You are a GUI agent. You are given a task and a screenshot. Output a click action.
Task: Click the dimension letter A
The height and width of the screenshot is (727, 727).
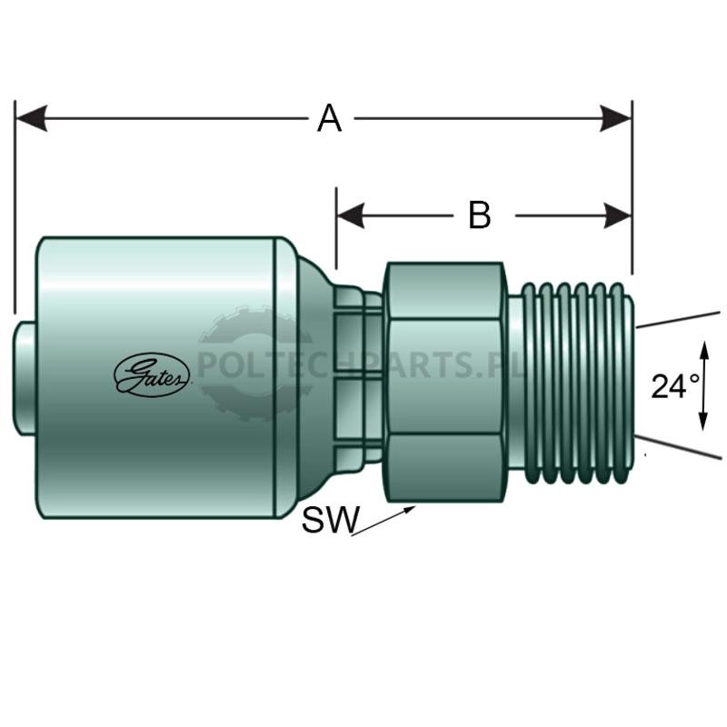click(x=330, y=119)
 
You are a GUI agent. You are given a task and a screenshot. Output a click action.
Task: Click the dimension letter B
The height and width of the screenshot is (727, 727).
click(x=480, y=215)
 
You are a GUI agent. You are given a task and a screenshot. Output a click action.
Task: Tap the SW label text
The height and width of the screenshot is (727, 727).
click(x=330, y=519)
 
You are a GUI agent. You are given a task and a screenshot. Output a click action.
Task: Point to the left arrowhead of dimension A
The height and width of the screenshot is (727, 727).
click(x=31, y=118)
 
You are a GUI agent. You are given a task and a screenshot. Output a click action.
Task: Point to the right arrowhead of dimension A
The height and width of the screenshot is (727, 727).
click(x=616, y=118)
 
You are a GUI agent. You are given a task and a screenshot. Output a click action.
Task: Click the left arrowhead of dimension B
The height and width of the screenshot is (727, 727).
click(x=351, y=215)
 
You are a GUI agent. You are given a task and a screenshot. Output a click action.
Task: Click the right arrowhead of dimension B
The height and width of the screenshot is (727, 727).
click(x=618, y=215)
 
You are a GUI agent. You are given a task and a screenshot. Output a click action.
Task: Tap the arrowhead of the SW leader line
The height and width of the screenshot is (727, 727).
click(x=410, y=510)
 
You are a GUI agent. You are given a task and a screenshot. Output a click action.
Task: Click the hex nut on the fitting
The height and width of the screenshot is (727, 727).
click(x=445, y=383)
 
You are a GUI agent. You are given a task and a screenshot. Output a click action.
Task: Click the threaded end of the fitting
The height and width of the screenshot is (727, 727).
click(x=572, y=383)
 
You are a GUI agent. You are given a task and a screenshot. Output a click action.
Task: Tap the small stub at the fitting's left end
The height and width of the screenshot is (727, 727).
click(x=25, y=379)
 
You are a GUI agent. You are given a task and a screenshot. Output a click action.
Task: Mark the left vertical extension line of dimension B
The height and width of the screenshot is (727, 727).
click(x=336, y=228)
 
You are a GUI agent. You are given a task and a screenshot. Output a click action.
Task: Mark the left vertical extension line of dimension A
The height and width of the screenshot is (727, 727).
click(x=15, y=207)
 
